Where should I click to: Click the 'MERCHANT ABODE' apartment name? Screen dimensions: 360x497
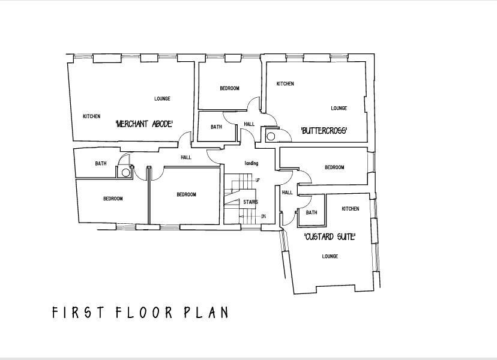point(144,124)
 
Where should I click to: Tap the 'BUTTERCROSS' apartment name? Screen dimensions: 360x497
point(324,130)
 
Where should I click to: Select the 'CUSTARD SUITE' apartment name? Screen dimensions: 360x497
point(330,237)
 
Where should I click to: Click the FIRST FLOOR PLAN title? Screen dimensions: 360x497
point(140,313)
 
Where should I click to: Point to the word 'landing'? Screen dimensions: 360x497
point(251,163)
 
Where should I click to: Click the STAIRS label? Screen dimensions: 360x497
point(250,202)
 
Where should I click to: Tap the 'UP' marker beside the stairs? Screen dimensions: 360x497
point(258,180)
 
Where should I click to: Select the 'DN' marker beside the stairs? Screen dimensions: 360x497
point(263,216)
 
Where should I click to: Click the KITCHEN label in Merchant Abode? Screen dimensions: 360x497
point(91,116)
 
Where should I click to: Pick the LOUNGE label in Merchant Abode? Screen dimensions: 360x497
point(162,99)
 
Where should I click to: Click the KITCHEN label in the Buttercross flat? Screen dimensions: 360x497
point(285,84)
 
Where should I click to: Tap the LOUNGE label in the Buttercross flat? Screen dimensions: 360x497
point(339,109)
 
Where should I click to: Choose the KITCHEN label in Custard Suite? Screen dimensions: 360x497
point(351,209)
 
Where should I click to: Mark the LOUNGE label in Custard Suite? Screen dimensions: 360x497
point(330,256)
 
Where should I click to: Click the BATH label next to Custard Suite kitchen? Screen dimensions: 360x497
point(312,212)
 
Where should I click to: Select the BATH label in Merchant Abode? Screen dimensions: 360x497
point(101,163)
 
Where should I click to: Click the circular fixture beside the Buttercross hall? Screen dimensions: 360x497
point(271,136)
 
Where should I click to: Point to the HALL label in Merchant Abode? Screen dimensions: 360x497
point(186,157)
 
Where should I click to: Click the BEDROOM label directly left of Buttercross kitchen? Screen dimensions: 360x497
point(229,88)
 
